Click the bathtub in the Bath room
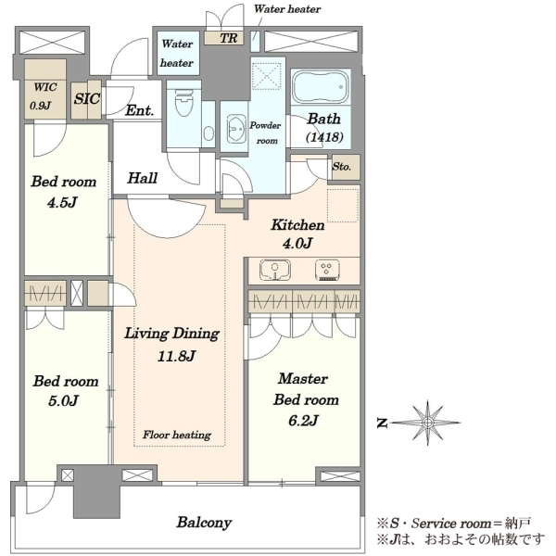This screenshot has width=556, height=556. [x=321, y=87]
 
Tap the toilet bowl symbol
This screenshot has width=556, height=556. [x=183, y=102]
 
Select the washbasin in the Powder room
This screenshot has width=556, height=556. [x=235, y=129]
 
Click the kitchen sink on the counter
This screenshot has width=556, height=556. [x=275, y=271]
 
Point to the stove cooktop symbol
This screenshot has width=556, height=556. [x=327, y=271]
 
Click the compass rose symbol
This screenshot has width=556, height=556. [x=427, y=423]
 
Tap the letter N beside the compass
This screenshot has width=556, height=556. [x=382, y=423]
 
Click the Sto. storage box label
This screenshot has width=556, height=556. [x=341, y=166]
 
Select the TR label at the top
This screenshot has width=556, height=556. [x=229, y=38]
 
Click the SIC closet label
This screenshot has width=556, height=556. [x=87, y=98]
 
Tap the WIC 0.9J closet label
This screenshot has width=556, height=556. [x=44, y=96]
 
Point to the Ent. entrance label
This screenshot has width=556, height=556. [x=140, y=110]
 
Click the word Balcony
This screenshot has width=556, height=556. [x=204, y=523]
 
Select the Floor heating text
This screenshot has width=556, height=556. [x=177, y=435]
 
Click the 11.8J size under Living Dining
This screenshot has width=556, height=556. [x=176, y=356]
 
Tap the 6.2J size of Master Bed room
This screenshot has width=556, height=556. [x=303, y=421]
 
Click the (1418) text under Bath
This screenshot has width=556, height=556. [x=324, y=137]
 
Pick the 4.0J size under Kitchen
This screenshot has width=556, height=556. [x=297, y=243]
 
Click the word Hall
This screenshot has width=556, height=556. [x=142, y=178]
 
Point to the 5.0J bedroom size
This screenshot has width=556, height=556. [x=63, y=401]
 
